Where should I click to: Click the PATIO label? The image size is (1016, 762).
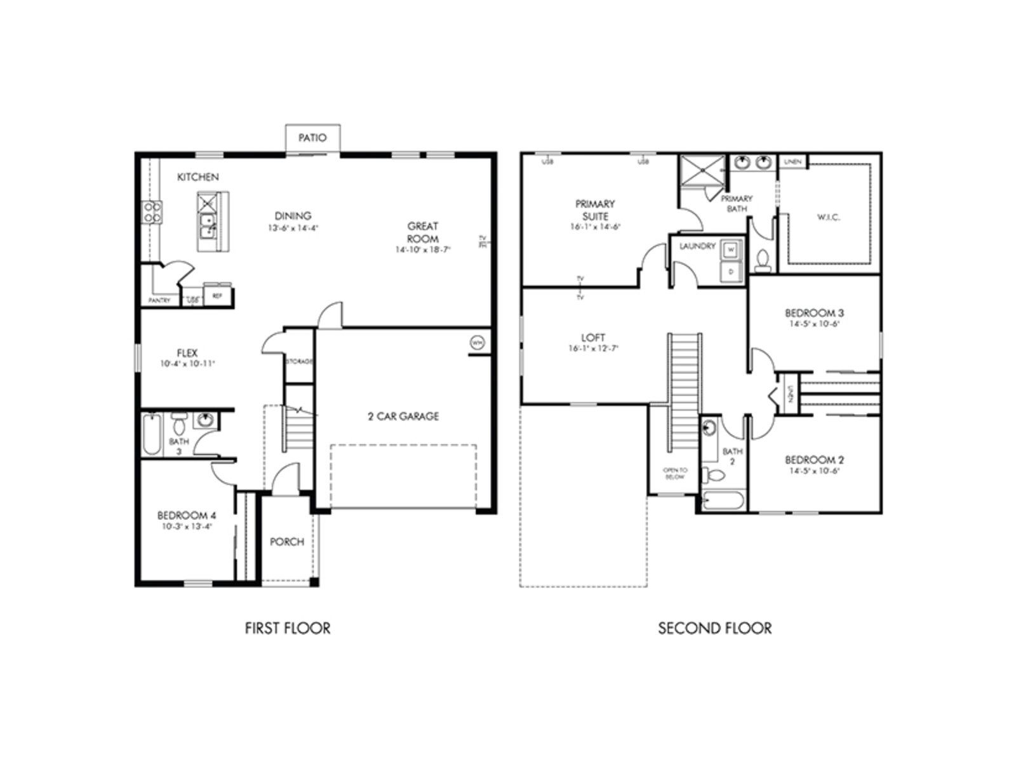click(x=312, y=137)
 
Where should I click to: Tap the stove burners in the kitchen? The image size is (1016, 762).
click(x=152, y=211)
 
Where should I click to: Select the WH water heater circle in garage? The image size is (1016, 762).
click(x=478, y=343)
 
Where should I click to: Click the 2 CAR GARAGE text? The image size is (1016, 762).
click(x=403, y=417)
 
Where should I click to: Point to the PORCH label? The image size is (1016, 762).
click(x=287, y=542)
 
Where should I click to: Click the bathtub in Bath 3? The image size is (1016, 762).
click(x=151, y=434)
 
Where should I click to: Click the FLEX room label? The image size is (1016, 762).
click(x=187, y=353)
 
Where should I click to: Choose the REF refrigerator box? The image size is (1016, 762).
click(x=217, y=296)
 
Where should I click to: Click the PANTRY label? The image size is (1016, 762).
click(x=159, y=300)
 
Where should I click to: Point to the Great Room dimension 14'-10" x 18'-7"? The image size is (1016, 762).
click(x=422, y=250)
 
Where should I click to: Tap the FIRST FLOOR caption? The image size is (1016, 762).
click(x=288, y=629)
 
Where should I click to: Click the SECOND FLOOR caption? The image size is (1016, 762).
click(x=714, y=629)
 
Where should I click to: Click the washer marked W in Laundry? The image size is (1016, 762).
click(x=730, y=250)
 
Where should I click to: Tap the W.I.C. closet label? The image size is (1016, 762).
click(x=828, y=217)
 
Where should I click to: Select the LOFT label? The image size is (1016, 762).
click(x=593, y=338)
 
